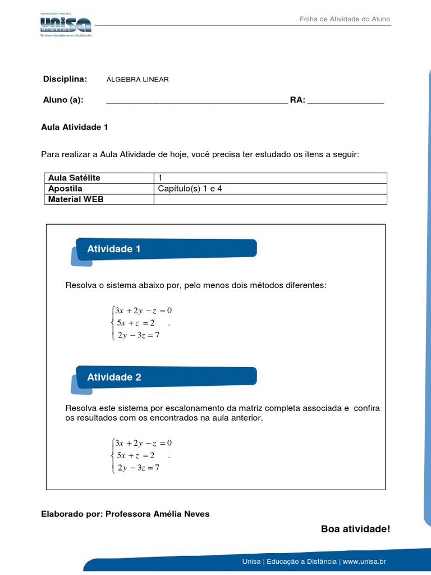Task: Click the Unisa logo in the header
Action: click(x=65, y=25)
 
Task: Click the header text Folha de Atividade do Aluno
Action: click(x=345, y=19)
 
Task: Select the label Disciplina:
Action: click(x=65, y=79)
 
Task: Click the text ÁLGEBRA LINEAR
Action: click(x=137, y=79)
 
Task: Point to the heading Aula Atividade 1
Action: click(x=75, y=127)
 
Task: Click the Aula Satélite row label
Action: click(x=74, y=178)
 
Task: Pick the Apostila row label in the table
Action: click(x=65, y=189)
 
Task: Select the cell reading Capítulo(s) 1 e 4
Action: click(x=190, y=189)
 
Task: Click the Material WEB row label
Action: click(x=76, y=199)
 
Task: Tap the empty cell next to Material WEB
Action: click(x=270, y=199)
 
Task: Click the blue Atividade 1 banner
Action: click(x=166, y=249)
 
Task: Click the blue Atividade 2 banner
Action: click(x=166, y=377)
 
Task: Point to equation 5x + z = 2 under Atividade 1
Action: click(x=135, y=322)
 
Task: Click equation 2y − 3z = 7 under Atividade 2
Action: click(x=138, y=468)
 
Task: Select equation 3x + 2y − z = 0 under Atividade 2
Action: click(x=143, y=442)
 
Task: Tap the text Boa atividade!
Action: click(x=355, y=529)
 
